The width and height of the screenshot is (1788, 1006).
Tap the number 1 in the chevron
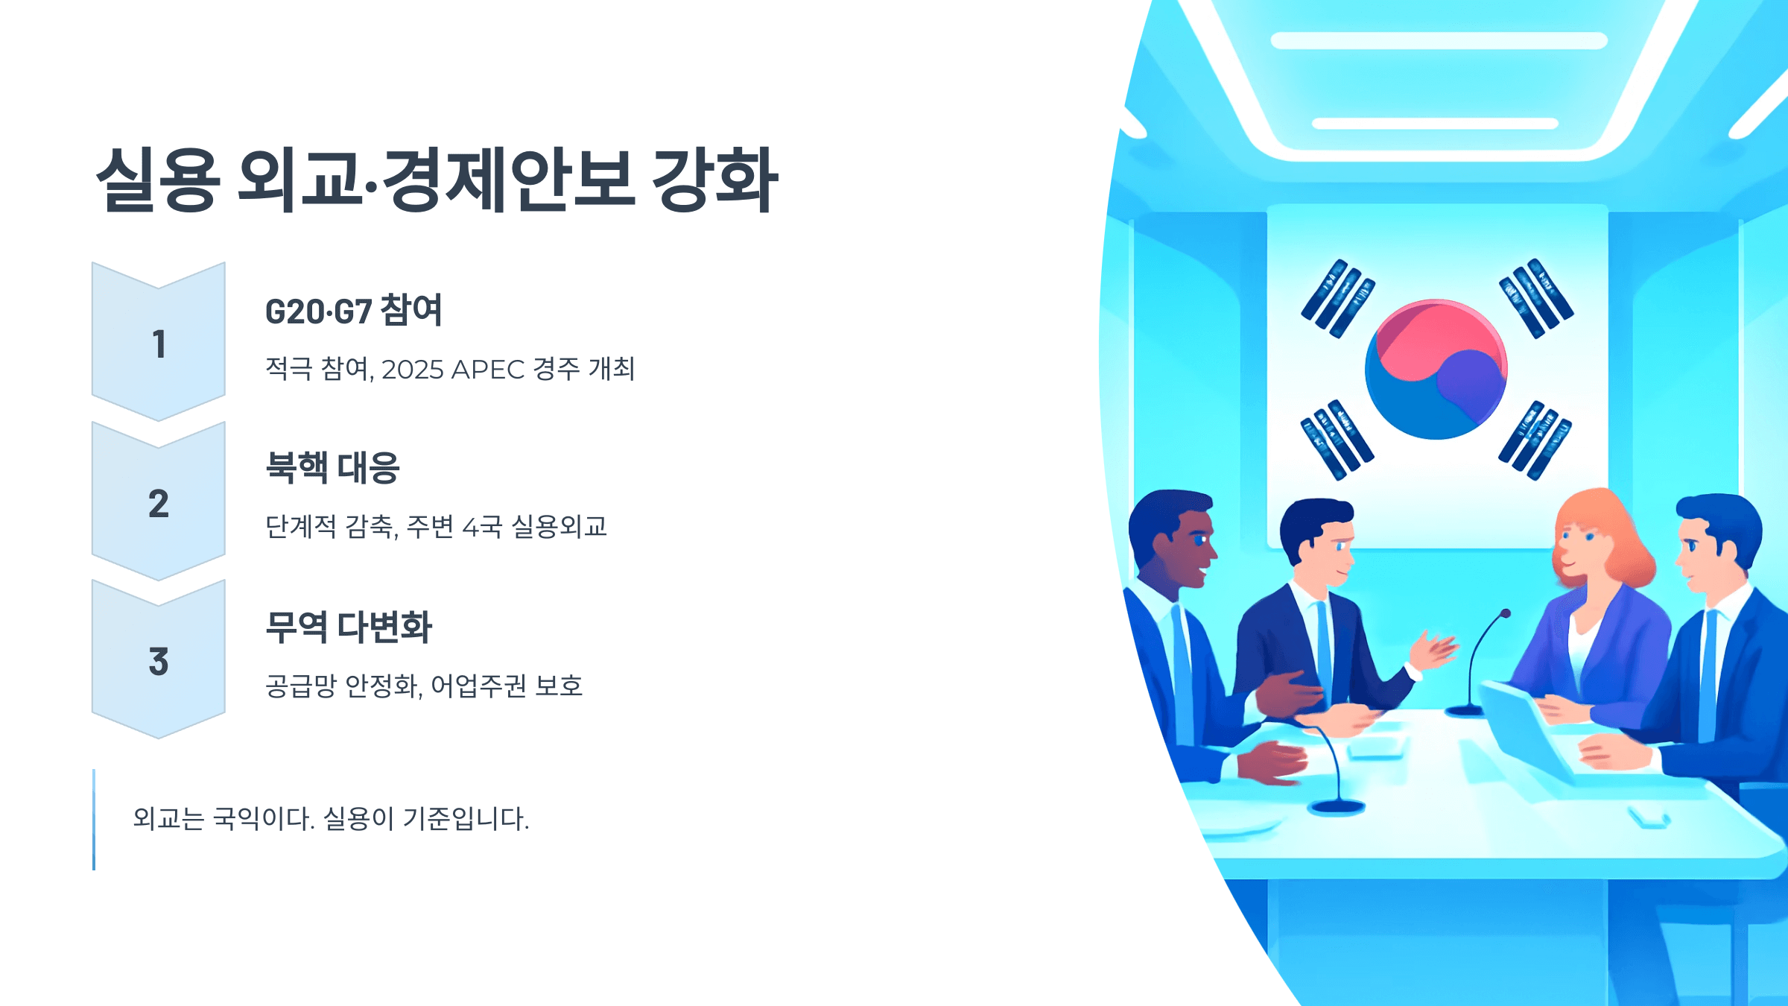(x=159, y=344)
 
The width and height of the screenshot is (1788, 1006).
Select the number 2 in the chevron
(x=159, y=504)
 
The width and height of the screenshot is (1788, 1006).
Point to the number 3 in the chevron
(x=159, y=662)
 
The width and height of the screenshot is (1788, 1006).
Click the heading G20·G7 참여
(x=353, y=311)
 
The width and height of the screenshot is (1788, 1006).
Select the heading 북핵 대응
(x=332, y=469)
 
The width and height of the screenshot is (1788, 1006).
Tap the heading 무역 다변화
(x=349, y=627)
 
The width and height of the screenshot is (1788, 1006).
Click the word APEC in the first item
(x=487, y=370)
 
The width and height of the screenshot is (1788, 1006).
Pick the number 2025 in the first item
(x=412, y=370)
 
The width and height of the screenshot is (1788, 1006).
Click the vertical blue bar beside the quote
(x=94, y=820)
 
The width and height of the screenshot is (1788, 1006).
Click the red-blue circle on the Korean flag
(x=1436, y=370)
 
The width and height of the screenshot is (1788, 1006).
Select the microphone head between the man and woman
(x=1506, y=614)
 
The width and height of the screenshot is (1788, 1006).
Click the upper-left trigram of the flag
(x=1338, y=298)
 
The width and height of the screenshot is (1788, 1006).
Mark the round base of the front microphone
(x=1337, y=806)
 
